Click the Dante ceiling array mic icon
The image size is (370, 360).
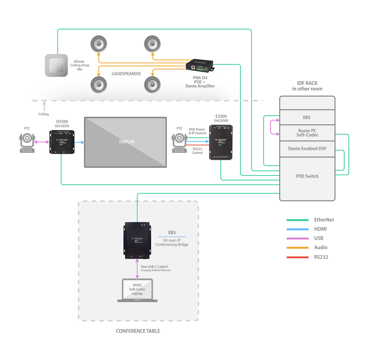(x=56, y=65)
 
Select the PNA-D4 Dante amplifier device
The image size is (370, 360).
(x=199, y=65)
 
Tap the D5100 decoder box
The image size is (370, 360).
(x=62, y=142)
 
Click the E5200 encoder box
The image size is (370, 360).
(x=221, y=142)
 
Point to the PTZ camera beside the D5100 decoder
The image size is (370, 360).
(x=27, y=142)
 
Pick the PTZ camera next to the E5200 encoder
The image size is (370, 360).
(x=179, y=142)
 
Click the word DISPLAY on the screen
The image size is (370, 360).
(x=127, y=142)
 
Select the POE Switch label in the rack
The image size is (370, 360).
(x=307, y=176)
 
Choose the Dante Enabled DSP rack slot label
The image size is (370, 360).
(x=307, y=149)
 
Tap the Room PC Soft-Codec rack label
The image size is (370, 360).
(x=307, y=133)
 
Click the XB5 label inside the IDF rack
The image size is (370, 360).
(x=306, y=117)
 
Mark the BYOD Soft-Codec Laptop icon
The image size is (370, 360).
(x=137, y=290)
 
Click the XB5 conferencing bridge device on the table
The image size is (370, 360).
(x=137, y=240)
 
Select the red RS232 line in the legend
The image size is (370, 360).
(x=298, y=257)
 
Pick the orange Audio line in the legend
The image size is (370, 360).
(x=298, y=247)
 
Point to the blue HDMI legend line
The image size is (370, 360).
(x=298, y=229)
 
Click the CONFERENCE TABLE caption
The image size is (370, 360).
(x=138, y=331)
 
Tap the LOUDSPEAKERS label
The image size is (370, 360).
(x=126, y=74)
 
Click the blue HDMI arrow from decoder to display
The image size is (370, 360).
(x=79, y=142)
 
